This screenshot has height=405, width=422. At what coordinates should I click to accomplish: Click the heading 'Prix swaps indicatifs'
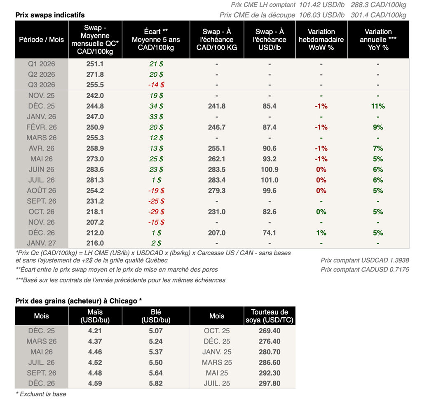tap(50, 15)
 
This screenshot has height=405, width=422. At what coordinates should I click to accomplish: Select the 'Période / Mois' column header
tap(41, 40)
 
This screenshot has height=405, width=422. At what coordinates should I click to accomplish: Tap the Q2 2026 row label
tap(41, 74)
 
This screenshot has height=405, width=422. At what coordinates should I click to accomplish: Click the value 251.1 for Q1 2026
tap(95, 64)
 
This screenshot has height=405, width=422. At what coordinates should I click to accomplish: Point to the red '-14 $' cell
tap(156, 85)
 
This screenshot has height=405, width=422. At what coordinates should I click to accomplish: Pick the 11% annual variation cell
tap(378, 106)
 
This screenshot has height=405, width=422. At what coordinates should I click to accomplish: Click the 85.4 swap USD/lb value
tap(270, 106)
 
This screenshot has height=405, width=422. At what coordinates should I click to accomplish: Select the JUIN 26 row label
tap(41, 170)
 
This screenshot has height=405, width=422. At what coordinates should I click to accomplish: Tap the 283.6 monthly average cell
tap(95, 170)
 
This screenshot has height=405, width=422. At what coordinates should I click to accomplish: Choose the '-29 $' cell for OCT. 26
tap(156, 212)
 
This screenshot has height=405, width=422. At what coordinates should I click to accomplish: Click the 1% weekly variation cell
tap(321, 233)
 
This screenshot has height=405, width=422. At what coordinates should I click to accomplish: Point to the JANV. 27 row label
tap(41, 243)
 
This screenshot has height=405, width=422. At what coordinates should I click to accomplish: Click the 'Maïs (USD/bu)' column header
tap(95, 316)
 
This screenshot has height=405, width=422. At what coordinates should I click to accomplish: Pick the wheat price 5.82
tap(156, 383)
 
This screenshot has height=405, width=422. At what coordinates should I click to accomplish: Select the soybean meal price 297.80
tap(270, 383)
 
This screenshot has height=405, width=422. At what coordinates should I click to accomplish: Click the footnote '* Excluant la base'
tap(41, 394)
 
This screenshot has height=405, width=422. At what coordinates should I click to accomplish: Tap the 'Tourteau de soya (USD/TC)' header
tap(270, 316)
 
